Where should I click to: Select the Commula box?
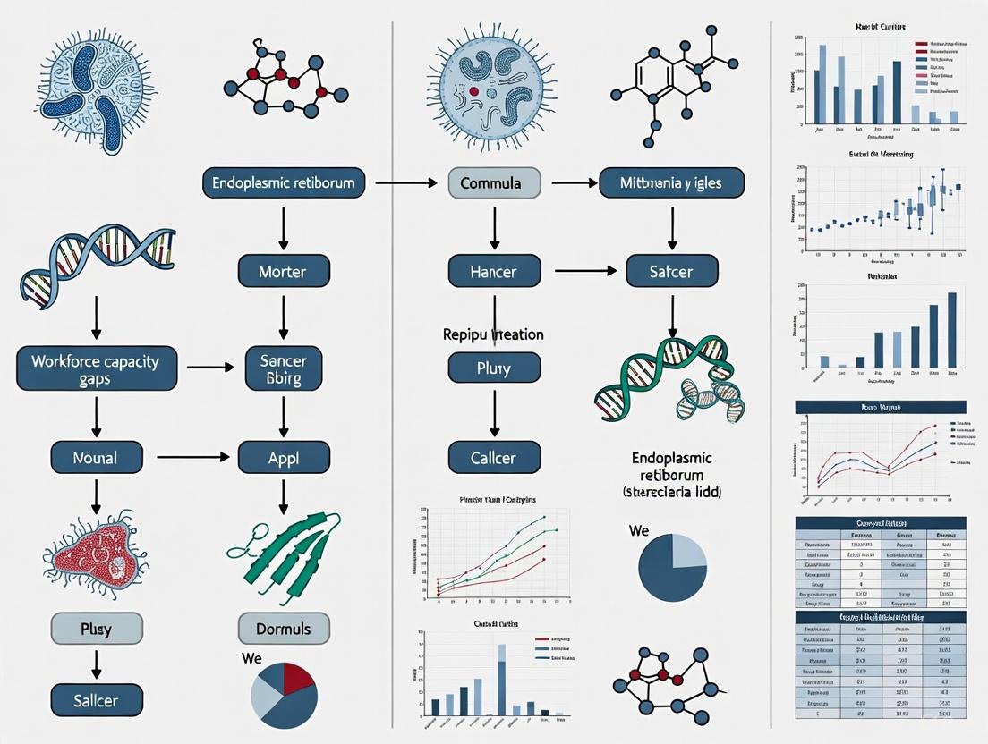[x=495, y=183]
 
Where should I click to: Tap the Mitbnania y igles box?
[x=671, y=183]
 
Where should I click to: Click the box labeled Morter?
[x=284, y=271]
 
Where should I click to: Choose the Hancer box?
[x=494, y=271]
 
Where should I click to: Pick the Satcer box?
[x=671, y=271]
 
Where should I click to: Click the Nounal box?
[x=95, y=458]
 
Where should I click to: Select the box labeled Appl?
[x=284, y=458]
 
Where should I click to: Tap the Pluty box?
[x=494, y=367]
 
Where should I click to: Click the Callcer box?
[x=494, y=458]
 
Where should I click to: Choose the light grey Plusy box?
[x=95, y=629]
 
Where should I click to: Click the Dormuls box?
[x=284, y=629]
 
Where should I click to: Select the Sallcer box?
[x=95, y=699]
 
